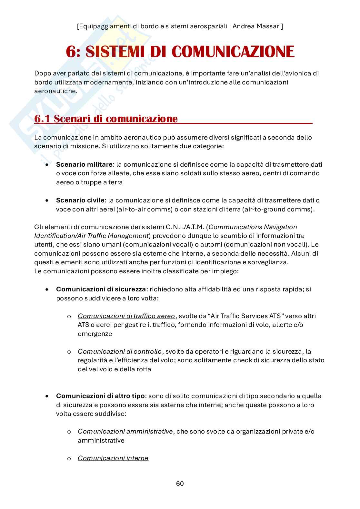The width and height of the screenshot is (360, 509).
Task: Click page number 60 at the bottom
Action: (180, 484)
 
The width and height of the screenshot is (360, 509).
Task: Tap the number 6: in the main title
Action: (75, 52)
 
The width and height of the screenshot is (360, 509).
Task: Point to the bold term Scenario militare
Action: (84, 164)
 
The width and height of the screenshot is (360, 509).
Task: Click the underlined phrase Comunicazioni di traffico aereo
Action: (126, 316)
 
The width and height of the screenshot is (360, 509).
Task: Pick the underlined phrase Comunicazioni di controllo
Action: (120, 351)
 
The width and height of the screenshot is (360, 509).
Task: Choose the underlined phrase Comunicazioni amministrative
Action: (125, 431)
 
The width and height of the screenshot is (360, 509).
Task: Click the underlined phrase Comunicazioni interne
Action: (113, 458)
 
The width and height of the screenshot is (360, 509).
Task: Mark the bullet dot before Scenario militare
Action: (47, 164)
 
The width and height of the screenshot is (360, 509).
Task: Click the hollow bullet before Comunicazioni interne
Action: (69, 458)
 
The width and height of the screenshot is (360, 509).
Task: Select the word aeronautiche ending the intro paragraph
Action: (55, 91)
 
